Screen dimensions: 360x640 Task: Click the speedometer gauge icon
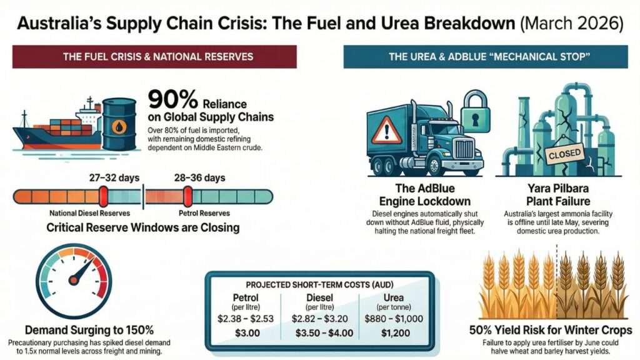73,281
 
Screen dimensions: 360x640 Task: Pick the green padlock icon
474,111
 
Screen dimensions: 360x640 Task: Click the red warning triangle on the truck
387,130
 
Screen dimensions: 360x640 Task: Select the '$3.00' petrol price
249,333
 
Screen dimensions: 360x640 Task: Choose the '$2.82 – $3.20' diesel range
320,318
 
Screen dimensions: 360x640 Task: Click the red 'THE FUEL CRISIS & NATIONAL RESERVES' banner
157,57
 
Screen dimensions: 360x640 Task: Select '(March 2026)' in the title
571,26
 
